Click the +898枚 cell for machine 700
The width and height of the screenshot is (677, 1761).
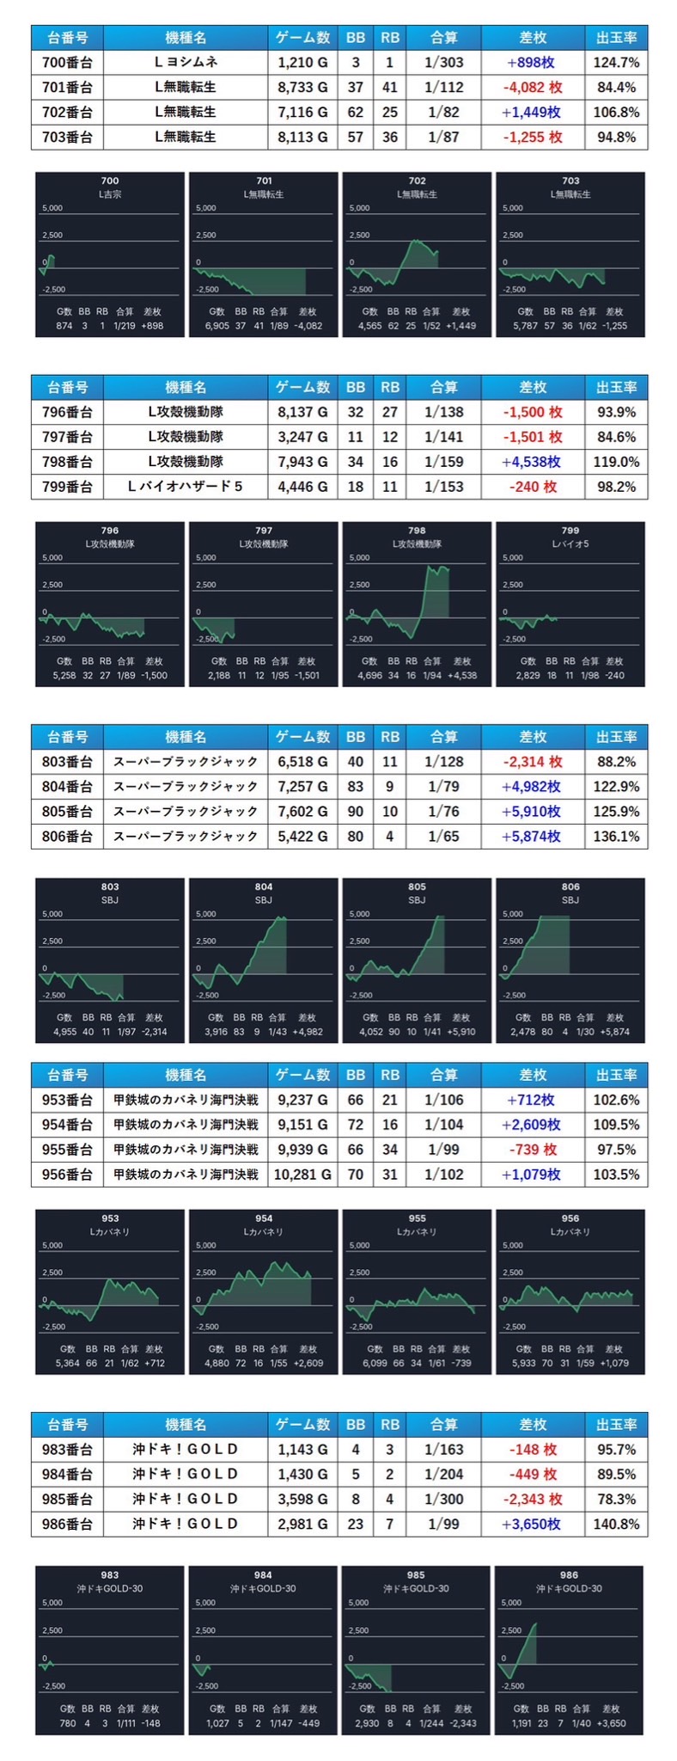(533, 63)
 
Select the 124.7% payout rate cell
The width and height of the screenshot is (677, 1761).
(616, 63)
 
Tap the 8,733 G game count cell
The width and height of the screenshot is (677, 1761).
(302, 88)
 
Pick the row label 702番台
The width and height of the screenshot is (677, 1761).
(66, 113)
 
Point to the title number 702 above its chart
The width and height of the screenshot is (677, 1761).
(417, 181)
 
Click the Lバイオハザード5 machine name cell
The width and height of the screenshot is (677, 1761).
(185, 487)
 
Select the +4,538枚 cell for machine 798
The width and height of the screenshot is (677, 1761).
(533, 462)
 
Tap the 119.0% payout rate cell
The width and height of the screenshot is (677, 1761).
(616, 462)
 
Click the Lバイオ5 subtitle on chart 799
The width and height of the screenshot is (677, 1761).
(570, 543)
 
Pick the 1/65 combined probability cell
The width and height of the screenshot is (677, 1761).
(443, 836)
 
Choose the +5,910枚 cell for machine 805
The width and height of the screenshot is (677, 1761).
(533, 811)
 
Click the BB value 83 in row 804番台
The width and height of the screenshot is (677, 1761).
(355, 786)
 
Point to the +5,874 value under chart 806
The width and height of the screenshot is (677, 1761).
(614, 1031)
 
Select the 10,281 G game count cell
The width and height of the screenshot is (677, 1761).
(302, 1175)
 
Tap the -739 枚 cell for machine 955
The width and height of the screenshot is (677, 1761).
(533, 1150)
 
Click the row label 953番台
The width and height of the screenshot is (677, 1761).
(66, 1100)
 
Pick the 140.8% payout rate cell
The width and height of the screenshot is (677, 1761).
(616, 1524)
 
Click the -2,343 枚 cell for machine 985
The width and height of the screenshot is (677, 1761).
(533, 1499)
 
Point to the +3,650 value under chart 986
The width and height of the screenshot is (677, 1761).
(613, 1723)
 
